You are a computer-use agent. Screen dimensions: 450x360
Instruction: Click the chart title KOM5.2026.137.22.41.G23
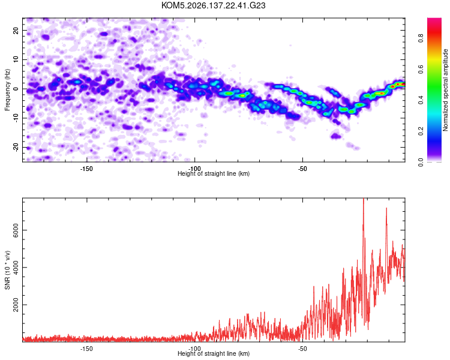click(x=213, y=5)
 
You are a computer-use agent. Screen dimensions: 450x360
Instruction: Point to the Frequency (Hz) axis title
click(x=7, y=90)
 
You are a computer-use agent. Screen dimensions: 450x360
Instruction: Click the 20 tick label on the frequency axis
click(x=16, y=30)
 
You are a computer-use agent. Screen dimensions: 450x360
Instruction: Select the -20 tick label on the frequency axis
click(x=16, y=147)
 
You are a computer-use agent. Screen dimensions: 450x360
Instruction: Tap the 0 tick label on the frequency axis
click(x=16, y=89)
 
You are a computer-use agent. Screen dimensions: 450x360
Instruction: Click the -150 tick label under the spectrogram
click(x=86, y=169)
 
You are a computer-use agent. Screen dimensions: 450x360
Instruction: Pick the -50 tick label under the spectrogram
click(x=302, y=169)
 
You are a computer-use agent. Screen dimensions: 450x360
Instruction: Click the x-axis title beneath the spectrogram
click(x=214, y=173)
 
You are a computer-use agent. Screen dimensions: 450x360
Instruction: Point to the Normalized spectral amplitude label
click(x=445, y=90)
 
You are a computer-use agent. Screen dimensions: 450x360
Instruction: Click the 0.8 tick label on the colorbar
click(x=421, y=38)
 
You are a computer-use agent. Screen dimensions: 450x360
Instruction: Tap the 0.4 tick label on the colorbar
click(x=421, y=100)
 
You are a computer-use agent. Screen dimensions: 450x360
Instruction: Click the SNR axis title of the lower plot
click(x=7, y=270)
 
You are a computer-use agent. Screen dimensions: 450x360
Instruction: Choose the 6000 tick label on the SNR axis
click(x=16, y=230)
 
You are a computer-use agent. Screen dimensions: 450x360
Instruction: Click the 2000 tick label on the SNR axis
click(x=16, y=305)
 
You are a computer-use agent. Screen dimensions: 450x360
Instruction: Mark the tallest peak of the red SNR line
click(x=364, y=199)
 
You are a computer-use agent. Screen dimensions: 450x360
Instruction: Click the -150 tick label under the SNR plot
click(x=86, y=349)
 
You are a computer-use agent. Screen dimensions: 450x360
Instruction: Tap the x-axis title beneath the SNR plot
click(x=214, y=353)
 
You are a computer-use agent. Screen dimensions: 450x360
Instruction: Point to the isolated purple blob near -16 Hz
click(x=335, y=136)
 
